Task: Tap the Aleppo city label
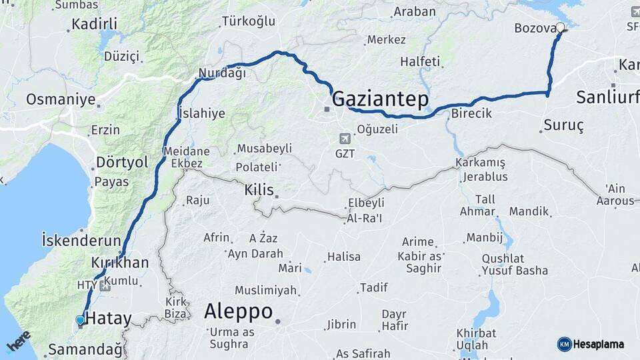pyautogui.click(x=238, y=311)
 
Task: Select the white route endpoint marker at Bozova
pyautogui.click(x=561, y=27)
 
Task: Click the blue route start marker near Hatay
pyautogui.click(x=80, y=321)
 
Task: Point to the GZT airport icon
pyautogui.click(x=345, y=139)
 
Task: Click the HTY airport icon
pyautogui.click(x=105, y=285)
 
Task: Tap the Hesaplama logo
pyautogui.click(x=591, y=344)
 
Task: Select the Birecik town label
pyautogui.click(x=471, y=113)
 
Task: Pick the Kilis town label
pyautogui.click(x=259, y=190)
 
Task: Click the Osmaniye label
pyautogui.click(x=61, y=99)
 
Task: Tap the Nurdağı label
pyautogui.click(x=222, y=73)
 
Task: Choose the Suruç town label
pyautogui.click(x=563, y=125)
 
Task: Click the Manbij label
pyautogui.click(x=484, y=237)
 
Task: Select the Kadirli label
pyautogui.click(x=94, y=25)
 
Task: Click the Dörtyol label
pyautogui.click(x=122, y=162)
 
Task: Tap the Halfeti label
pyautogui.click(x=420, y=61)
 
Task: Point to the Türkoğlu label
pyautogui.click(x=249, y=21)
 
